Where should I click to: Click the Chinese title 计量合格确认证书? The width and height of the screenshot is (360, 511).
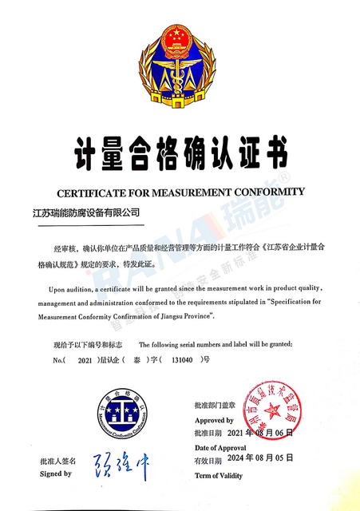(x=180, y=152)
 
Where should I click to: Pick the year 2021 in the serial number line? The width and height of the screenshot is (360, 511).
(x=83, y=361)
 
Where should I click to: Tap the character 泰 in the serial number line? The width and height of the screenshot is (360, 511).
(x=137, y=361)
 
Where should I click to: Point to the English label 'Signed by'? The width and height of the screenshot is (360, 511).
(x=56, y=473)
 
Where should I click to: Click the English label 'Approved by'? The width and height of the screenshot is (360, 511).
(x=215, y=420)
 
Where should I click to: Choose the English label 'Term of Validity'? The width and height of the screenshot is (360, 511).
(x=220, y=475)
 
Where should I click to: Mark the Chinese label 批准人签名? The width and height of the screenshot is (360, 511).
(x=57, y=461)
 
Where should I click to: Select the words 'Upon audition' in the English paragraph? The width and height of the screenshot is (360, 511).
(x=71, y=287)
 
